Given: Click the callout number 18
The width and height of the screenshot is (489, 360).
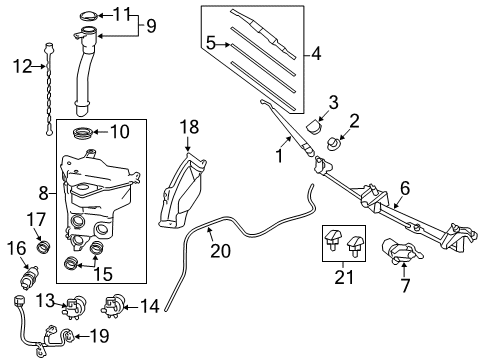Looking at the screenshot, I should (190, 125).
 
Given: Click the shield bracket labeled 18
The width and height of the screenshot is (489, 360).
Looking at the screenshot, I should (181, 190).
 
